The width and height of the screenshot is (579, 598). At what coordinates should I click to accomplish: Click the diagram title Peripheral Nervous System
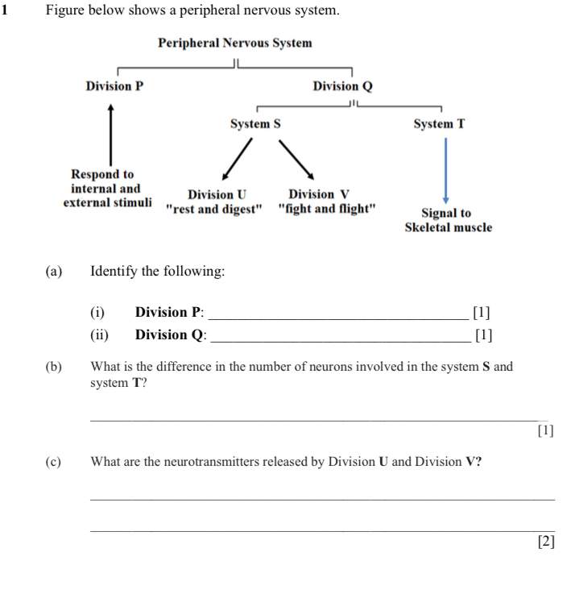[235, 43]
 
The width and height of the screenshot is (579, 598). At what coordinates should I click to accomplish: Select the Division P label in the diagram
[114, 86]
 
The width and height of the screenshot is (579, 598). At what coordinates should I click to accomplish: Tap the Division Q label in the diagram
[342, 86]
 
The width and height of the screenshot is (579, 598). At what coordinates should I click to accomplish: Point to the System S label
[255, 125]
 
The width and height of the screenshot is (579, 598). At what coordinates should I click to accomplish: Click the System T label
[439, 125]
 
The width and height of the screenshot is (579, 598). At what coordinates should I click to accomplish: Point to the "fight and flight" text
[326, 208]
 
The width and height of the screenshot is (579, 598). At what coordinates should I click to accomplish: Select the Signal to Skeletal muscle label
[448, 220]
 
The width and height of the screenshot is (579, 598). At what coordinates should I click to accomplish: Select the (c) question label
[54, 462]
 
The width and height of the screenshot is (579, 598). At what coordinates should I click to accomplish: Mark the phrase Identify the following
[158, 272]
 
